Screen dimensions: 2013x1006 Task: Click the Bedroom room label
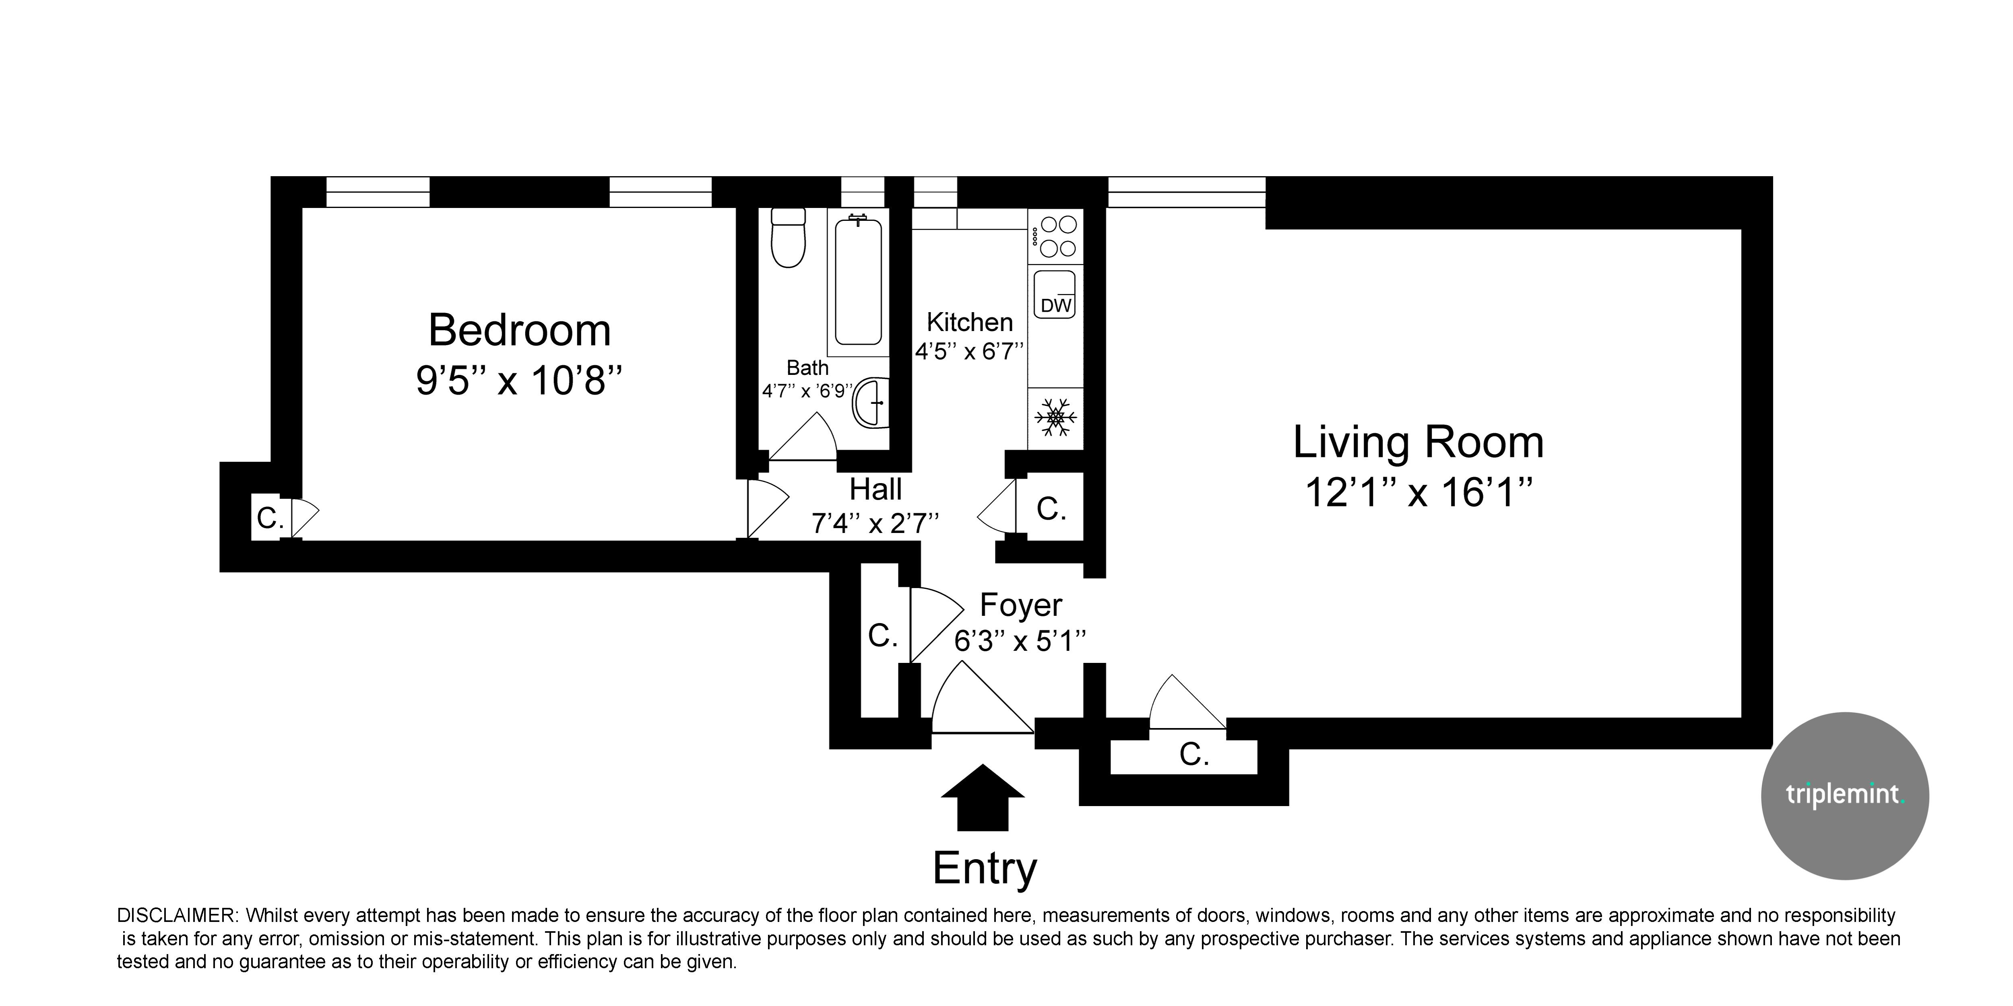click(x=520, y=330)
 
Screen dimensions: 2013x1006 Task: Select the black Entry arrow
click(x=982, y=798)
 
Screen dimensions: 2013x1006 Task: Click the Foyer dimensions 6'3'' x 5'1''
click(x=1020, y=641)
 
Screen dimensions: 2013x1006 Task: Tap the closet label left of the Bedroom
click(x=270, y=518)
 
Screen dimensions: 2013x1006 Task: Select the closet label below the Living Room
click(x=1194, y=755)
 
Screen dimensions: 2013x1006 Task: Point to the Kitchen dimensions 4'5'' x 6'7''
click(x=969, y=352)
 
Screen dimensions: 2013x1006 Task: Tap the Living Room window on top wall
click(x=1186, y=192)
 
